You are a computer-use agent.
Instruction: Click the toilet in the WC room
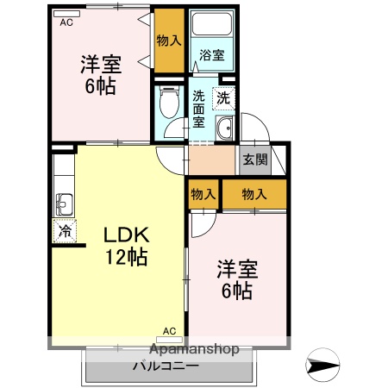point(170,105)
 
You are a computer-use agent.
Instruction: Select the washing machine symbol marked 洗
point(223,98)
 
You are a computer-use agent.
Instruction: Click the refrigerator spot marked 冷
point(65,230)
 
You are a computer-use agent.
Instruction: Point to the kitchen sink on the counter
point(65,205)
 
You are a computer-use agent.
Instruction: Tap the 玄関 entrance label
point(253,160)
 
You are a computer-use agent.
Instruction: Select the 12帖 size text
point(127,256)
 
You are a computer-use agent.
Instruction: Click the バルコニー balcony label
point(166,366)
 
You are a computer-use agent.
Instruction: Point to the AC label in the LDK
point(168,330)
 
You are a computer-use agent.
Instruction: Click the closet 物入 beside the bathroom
point(169,40)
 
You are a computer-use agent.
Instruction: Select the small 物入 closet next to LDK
point(203,195)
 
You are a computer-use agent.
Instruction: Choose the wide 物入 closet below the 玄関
point(253,195)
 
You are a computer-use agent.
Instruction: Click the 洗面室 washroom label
point(200,109)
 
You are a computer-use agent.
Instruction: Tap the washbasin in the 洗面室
point(224,130)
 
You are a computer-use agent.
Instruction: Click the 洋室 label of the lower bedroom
point(235,270)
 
